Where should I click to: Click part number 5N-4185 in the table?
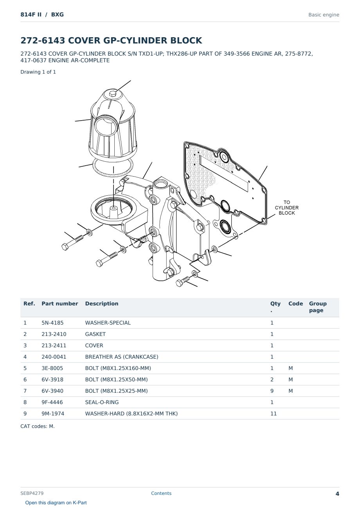[x=52, y=323]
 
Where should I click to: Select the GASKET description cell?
[x=95, y=334]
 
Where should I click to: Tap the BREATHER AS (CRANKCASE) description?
[x=122, y=357]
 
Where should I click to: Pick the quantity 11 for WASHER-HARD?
[x=274, y=413]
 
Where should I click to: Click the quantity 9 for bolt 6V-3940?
[x=272, y=391]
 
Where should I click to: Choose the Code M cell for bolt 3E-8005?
[x=290, y=368]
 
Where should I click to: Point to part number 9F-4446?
[x=52, y=402]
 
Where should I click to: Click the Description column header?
[x=101, y=303]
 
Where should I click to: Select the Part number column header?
[x=60, y=303]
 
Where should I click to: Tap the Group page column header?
[x=317, y=307]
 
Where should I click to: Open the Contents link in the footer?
[x=161, y=493]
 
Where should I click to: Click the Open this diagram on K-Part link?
[x=56, y=503]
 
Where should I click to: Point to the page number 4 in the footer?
[x=337, y=494]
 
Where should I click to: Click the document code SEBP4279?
[x=32, y=493]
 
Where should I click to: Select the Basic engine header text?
[x=324, y=15]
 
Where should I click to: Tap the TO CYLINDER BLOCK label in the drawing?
[x=287, y=208]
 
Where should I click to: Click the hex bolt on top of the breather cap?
[x=112, y=94]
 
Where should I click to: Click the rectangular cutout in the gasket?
[x=224, y=173]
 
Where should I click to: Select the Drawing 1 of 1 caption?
[x=38, y=72]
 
